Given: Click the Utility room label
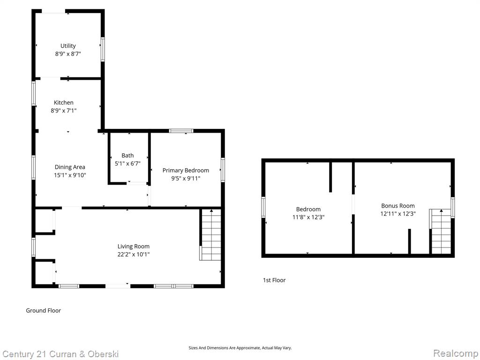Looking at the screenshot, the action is (x=68, y=46).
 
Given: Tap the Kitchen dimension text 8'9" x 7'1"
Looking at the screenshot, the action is (x=64, y=111).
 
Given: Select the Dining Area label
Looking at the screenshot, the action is (x=70, y=167).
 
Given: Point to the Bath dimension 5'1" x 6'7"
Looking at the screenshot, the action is (x=127, y=164).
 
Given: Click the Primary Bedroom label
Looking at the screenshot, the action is (x=186, y=171).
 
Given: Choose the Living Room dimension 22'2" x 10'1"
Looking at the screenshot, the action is (x=134, y=254).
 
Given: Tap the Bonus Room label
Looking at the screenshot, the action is (x=398, y=206).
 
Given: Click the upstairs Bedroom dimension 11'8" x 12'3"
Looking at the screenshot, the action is (x=308, y=217).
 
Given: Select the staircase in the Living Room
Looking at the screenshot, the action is (x=210, y=235).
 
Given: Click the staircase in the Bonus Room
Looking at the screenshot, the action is (x=441, y=232).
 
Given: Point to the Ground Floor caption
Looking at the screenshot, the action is (x=44, y=310).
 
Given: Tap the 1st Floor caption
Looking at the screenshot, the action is (x=274, y=280).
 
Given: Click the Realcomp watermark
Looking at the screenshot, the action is (x=456, y=353).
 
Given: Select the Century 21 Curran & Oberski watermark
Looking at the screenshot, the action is (x=60, y=354).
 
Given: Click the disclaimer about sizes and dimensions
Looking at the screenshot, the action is (x=240, y=348).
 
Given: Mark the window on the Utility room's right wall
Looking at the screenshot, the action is (x=103, y=49).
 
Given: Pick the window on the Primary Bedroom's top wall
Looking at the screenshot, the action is (x=181, y=131).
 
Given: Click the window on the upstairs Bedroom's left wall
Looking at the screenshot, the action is (x=263, y=207).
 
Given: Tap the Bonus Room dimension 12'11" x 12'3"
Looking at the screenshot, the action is (x=398, y=214).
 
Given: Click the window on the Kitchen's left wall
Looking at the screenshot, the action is (x=34, y=94).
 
